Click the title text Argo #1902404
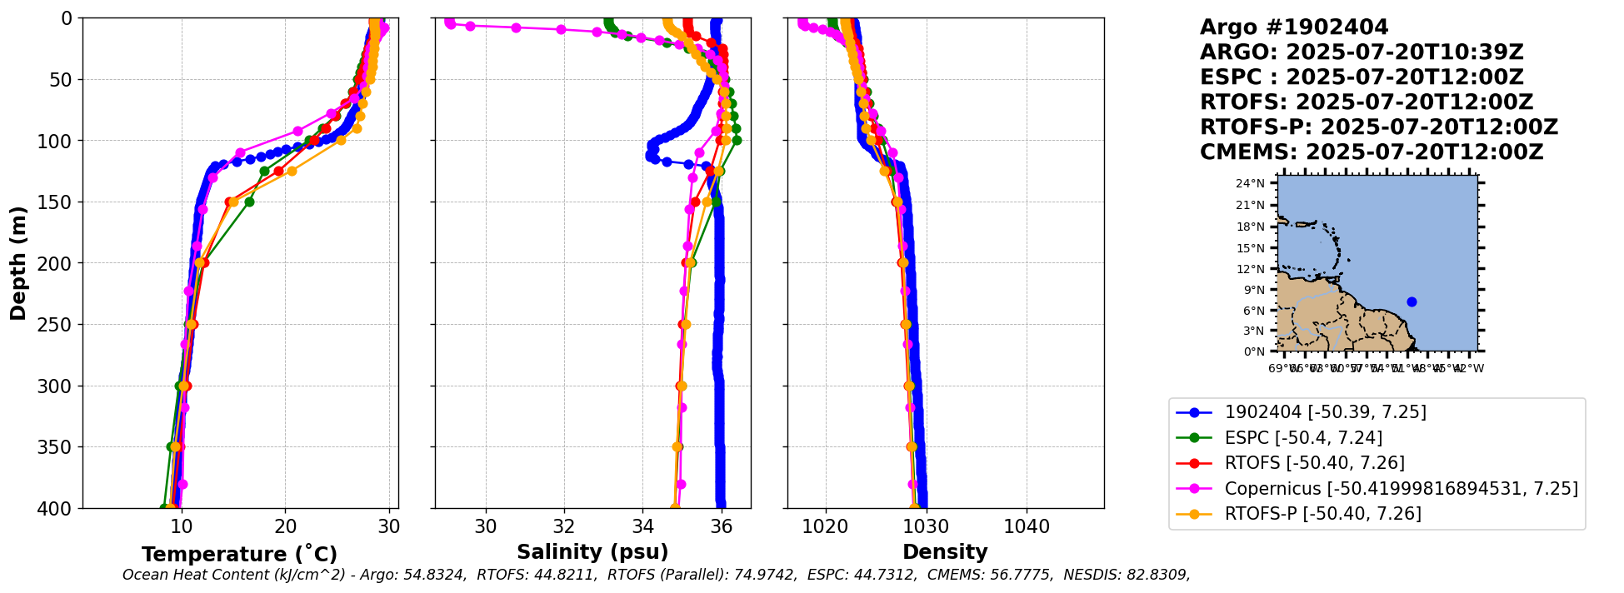tap(1294, 27)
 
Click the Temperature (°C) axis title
tap(239, 554)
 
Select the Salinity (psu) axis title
tap(592, 552)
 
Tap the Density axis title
tap(945, 552)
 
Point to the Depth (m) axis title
tap(18, 263)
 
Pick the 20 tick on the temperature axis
tap(285, 527)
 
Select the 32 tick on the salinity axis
tap(564, 527)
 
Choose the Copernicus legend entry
tap(1401, 489)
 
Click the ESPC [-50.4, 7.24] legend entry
tap(1303, 438)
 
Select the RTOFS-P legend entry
tap(1322, 514)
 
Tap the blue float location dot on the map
tap(1412, 301)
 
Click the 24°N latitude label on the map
tap(1249, 183)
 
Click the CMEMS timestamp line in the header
tap(1371, 152)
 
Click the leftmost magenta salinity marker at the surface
tap(450, 22)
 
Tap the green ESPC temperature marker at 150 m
tap(249, 202)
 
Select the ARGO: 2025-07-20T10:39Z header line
tap(1362, 52)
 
